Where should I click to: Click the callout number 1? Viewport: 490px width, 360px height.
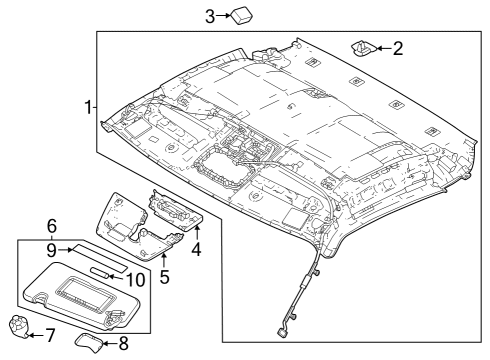(x=89, y=106)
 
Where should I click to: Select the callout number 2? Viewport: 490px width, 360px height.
(x=397, y=47)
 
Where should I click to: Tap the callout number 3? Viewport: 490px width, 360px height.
(x=210, y=15)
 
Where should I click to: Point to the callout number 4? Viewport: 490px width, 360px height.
(x=197, y=249)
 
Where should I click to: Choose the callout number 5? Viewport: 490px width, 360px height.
(x=166, y=273)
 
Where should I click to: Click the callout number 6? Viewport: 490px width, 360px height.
(x=52, y=226)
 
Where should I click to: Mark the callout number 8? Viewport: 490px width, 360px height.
(x=124, y=346)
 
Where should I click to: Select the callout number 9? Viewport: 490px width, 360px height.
(x=52, y=248)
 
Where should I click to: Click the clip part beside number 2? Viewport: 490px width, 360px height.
(x=362, y=46)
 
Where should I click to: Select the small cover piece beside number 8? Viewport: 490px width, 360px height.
(x=91, y=344)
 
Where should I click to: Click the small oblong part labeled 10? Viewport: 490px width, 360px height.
(x=104, y=271)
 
